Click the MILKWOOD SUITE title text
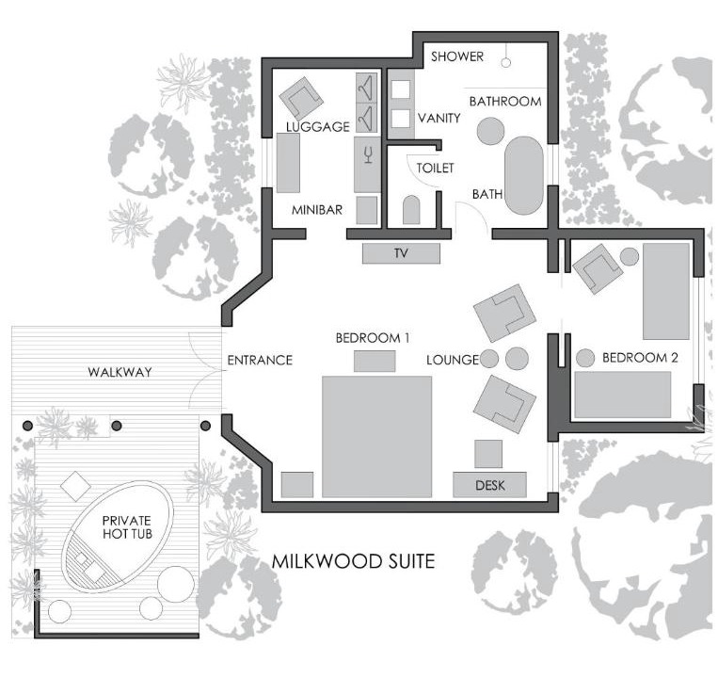point(353,561)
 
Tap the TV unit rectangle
point(401,253)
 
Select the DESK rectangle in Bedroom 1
point(489,485)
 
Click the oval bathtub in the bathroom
point(524,175)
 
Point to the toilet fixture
point(411,210)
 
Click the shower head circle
point(505,63)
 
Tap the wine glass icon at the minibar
point(368,154)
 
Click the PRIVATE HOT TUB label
point(127,526)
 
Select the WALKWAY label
point(120,372)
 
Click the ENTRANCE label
point(260,360)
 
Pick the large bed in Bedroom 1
point(376,437)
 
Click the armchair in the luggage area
point(301,98)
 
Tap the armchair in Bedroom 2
point(598,269)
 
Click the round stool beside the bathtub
point(491,131)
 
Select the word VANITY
point(439,119)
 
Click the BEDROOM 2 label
point(640,357)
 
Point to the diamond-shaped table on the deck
point(75,486)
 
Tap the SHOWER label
point(457,56)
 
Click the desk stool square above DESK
point(488,454)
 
